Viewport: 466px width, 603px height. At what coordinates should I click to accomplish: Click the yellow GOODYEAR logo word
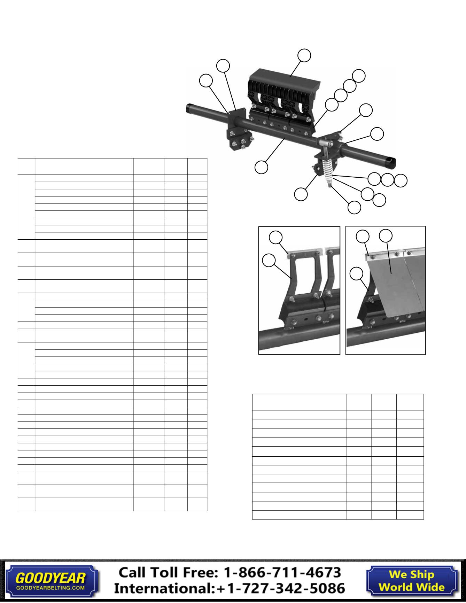click(x=51, y=578)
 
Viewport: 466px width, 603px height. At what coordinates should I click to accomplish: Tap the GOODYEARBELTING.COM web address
click(x=51, y=587)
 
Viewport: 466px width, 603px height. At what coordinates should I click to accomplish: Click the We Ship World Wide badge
click(x=412, y=581)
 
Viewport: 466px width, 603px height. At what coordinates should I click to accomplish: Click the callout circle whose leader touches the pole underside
click(x=261, y=167)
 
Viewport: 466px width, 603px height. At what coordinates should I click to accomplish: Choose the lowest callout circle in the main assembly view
click(x=355, y=207)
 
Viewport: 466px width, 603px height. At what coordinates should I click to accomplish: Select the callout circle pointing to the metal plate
click(x=386, y=236)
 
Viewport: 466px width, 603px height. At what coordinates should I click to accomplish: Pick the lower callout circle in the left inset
click(x=267, y=260)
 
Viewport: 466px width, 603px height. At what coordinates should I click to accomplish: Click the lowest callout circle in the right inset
click(x=356, y=273)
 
